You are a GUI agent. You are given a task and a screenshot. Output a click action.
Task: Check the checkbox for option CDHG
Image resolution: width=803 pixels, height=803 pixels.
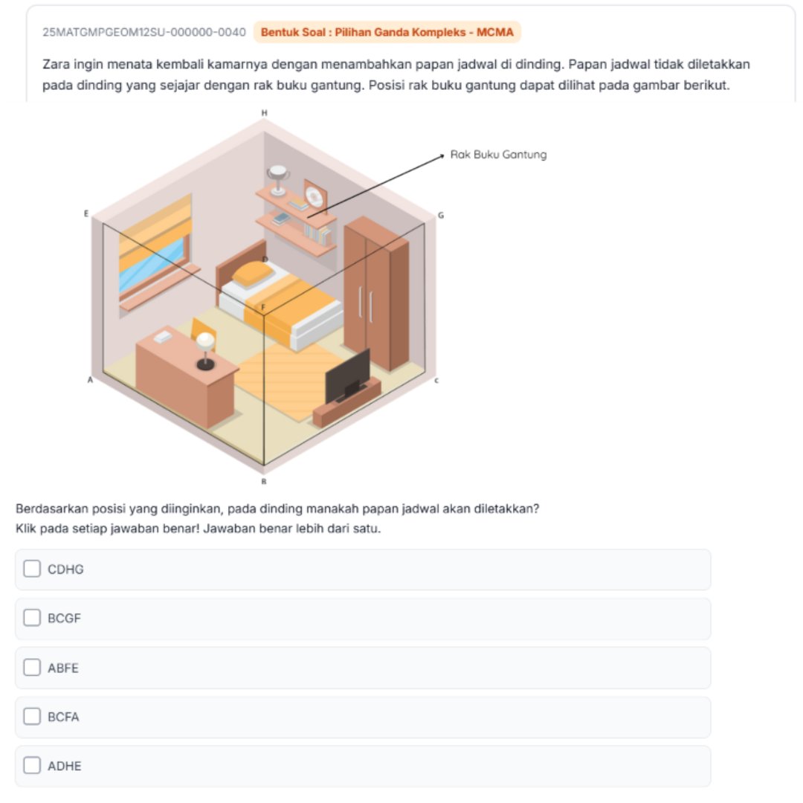tap(32, 569)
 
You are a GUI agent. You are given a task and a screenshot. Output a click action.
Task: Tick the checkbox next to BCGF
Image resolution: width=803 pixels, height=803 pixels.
tap(32, 618)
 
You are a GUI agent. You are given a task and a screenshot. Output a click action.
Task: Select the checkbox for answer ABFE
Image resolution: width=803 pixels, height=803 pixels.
tap(32, 667)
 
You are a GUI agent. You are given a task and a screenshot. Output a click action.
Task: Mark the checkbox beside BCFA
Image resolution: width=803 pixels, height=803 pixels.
tap(32, 717)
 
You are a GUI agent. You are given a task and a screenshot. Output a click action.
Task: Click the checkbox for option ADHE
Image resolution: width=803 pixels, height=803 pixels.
tap(32, 766)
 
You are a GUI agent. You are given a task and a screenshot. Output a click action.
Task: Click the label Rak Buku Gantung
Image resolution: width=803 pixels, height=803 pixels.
tap(498, 155)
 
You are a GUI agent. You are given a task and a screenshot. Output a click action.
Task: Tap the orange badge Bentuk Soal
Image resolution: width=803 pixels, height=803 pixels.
tap(387, 32)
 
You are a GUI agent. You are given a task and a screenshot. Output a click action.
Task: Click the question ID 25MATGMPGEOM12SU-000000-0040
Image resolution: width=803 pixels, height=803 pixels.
tap(144, 32)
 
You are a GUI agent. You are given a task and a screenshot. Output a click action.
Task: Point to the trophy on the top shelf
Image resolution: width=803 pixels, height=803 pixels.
tap(278, 180)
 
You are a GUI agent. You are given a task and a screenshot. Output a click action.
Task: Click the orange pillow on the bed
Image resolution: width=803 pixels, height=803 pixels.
tap(253, 274)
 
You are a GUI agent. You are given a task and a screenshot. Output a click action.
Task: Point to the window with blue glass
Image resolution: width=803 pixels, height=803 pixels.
tap(155, 254)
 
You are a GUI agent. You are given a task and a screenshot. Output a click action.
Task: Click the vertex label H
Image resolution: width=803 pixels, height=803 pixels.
tap(264, 113)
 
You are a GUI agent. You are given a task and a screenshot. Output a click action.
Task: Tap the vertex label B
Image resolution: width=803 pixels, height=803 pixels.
tap(264, 481)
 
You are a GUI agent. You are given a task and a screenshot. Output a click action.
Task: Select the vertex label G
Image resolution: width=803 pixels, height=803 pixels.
tap(441, 216)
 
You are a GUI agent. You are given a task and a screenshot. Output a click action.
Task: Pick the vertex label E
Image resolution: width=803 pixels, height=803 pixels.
tap(86, 213)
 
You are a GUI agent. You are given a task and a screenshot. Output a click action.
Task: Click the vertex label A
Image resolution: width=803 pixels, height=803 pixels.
tap(90, 380)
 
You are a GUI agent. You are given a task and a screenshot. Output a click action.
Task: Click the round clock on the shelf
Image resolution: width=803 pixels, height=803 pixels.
tap(314, 196)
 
